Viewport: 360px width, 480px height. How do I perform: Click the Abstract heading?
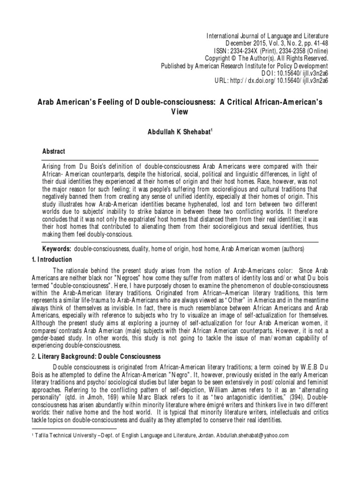[x=54, y=152]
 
